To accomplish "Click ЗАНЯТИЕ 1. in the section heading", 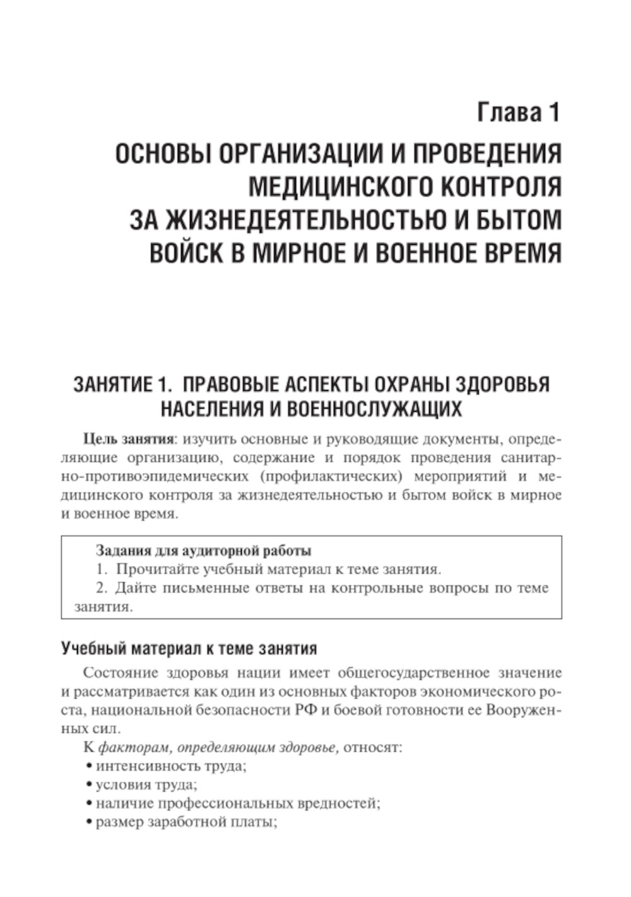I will pos(114,385).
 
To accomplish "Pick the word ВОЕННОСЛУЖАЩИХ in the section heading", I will pos(374,409).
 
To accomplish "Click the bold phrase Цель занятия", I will pos(129,439).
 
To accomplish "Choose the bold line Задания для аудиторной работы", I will pos(203,551).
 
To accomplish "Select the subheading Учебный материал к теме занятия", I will pos(189,648).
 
